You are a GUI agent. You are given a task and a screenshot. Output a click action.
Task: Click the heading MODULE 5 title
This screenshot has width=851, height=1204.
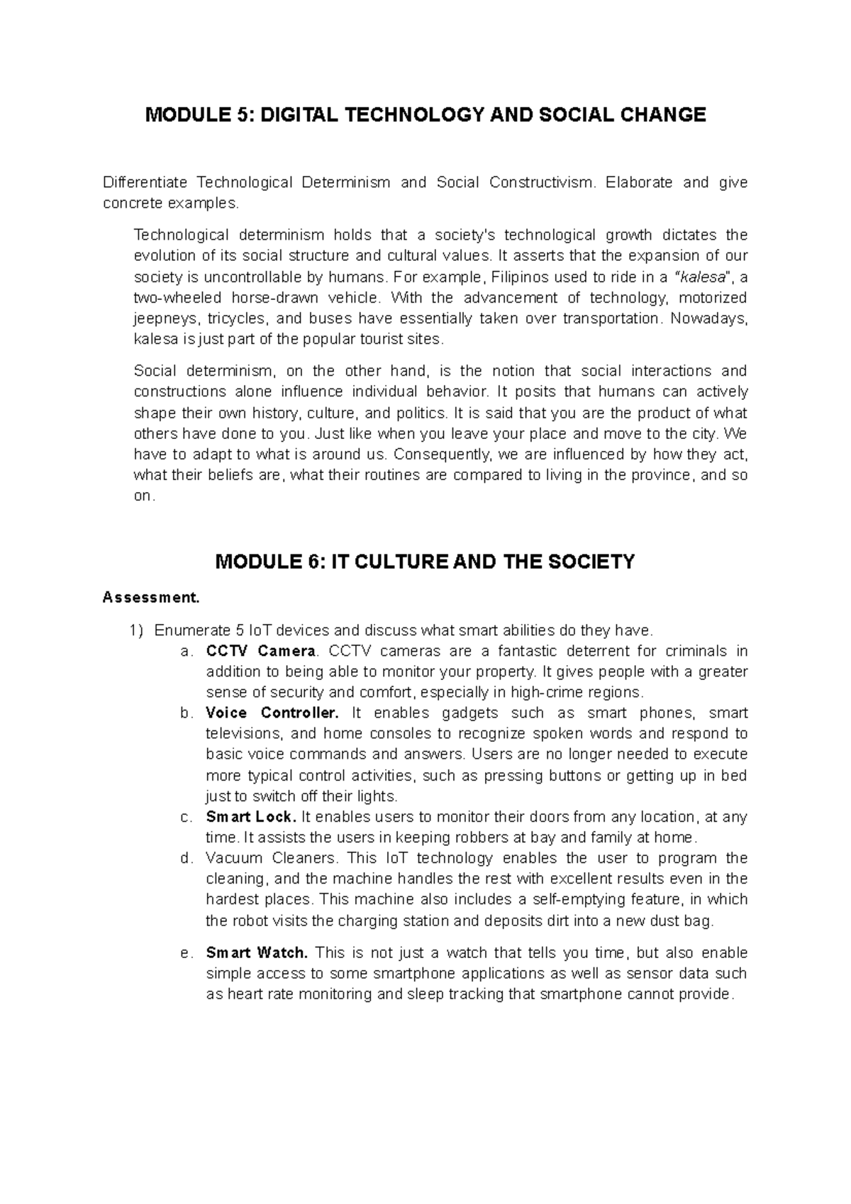(425, 115)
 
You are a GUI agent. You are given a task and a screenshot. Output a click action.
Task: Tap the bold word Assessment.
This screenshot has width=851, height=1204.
(151, 597)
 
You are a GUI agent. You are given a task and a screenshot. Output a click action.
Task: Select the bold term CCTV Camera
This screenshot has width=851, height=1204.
(260, 651)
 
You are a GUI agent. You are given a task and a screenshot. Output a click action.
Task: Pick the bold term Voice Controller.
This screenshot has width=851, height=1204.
(272, 713)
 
